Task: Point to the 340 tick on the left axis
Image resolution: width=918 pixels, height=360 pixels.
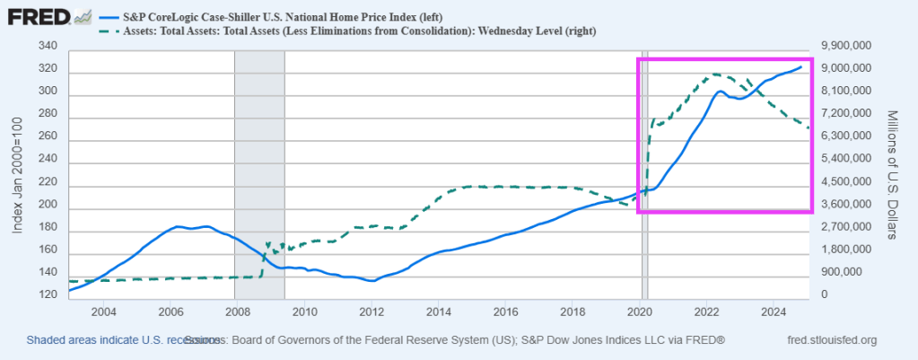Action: point(49,46)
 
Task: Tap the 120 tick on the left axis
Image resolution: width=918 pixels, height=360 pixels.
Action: point(49,295)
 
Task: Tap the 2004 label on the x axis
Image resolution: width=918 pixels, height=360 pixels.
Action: point(103,312)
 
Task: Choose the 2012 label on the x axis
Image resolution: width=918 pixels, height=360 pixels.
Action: point(372,312)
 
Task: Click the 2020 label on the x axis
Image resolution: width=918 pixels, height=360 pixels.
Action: point(640,312)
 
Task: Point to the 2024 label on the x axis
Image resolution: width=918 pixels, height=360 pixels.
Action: point(774,312)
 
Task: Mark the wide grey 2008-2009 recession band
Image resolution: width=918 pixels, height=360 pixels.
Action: point(259,171)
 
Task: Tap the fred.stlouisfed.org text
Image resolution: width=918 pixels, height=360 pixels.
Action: point(831,340)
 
